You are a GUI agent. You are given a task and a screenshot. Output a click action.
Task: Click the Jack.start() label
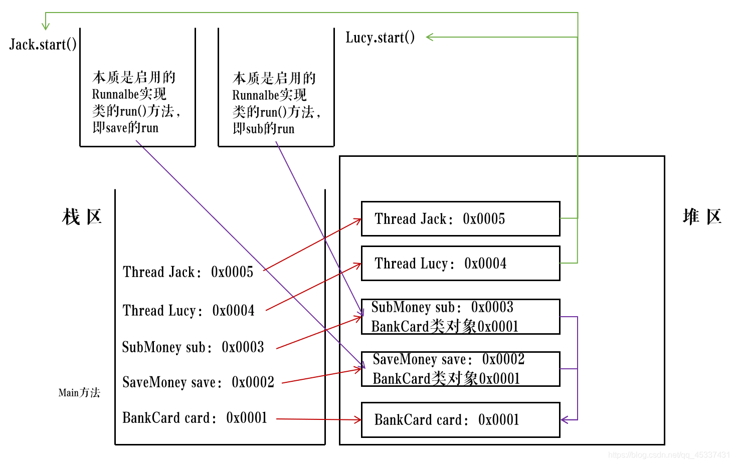43,45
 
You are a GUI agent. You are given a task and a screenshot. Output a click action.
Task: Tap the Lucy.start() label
380,38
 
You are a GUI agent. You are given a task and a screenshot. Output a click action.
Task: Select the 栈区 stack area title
82,217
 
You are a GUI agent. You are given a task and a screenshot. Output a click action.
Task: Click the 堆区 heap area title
702,216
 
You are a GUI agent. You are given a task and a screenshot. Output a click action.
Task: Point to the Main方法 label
79,392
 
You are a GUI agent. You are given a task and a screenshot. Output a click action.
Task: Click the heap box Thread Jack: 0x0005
460,219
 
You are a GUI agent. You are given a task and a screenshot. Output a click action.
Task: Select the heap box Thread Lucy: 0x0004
460,264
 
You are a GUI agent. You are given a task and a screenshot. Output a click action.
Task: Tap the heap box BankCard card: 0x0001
460,420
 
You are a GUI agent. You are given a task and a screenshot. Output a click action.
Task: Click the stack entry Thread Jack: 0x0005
188,272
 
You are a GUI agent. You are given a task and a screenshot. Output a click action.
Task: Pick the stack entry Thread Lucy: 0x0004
189,311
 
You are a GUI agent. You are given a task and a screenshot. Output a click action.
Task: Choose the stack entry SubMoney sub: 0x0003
193,347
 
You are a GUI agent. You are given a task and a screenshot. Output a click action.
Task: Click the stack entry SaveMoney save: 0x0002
198,382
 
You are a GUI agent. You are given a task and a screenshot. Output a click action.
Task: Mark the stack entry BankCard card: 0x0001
195,418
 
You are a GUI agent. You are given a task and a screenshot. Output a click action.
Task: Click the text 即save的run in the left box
125,128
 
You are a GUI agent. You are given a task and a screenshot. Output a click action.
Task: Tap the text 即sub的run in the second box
263,129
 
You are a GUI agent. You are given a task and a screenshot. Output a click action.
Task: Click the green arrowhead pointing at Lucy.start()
429,37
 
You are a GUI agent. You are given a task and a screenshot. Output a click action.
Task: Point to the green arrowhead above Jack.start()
46,26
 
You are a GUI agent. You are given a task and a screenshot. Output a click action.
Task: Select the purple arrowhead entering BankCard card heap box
564,420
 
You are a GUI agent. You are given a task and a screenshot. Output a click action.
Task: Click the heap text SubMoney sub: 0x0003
442,307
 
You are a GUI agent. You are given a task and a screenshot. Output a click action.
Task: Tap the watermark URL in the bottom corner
669,455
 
